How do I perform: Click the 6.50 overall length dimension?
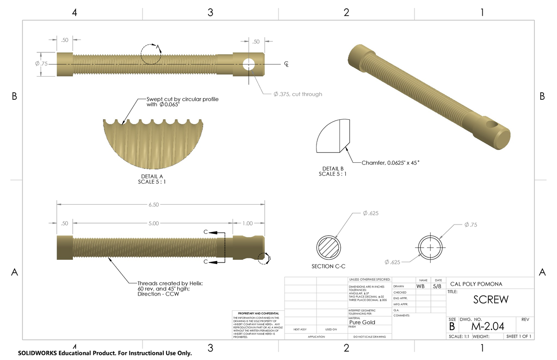153,205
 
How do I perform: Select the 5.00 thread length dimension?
153,223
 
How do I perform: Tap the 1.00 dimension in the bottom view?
247,223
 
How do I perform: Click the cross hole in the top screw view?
248,64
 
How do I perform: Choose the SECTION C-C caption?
329,266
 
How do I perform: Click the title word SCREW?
491,300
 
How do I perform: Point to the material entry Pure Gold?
362,322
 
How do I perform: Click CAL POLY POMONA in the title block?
476,284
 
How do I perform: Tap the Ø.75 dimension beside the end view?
470,225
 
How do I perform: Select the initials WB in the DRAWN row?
421,286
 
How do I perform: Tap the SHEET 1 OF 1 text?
518,336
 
